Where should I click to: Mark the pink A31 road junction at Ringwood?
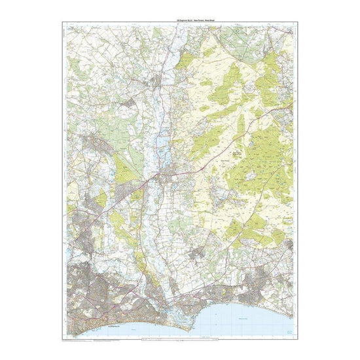[157, 176]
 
